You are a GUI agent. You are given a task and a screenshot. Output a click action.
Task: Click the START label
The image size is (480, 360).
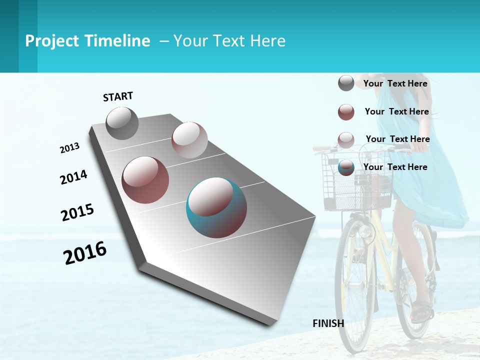(118, 96)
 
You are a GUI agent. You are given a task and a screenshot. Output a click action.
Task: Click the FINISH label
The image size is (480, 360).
(328, 323)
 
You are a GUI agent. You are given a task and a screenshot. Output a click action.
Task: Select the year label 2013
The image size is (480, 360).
(69, 148)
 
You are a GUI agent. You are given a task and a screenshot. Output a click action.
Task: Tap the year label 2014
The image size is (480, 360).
(73, 177)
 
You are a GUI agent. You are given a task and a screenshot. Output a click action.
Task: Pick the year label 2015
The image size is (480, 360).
(77, 212)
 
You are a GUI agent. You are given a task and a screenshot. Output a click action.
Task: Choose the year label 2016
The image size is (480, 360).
(85, 253)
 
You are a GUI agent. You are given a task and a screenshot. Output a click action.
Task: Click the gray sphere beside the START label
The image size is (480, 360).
(122, 123)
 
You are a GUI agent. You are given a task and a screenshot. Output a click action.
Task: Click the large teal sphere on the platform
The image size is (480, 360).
(216, 207)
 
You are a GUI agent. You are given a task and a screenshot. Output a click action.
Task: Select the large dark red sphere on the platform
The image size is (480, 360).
(145, 180)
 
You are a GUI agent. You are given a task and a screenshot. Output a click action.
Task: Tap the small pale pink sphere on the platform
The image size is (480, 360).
(189, 140)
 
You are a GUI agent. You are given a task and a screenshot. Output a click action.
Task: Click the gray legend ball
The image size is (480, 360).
(346, 83)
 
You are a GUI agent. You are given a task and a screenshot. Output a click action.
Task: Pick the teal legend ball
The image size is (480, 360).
(346, 167)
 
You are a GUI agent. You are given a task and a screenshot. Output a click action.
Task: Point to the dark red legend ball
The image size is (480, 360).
(346, 112)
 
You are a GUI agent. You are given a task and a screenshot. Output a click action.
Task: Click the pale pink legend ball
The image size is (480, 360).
(346, 140)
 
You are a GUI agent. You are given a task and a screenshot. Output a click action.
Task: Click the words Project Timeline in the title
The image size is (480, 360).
(87, 41)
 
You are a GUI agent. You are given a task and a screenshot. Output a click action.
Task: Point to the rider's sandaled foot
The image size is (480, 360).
(421, 310)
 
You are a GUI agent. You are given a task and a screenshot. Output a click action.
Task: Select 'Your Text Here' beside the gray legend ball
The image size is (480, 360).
(395, 83)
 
